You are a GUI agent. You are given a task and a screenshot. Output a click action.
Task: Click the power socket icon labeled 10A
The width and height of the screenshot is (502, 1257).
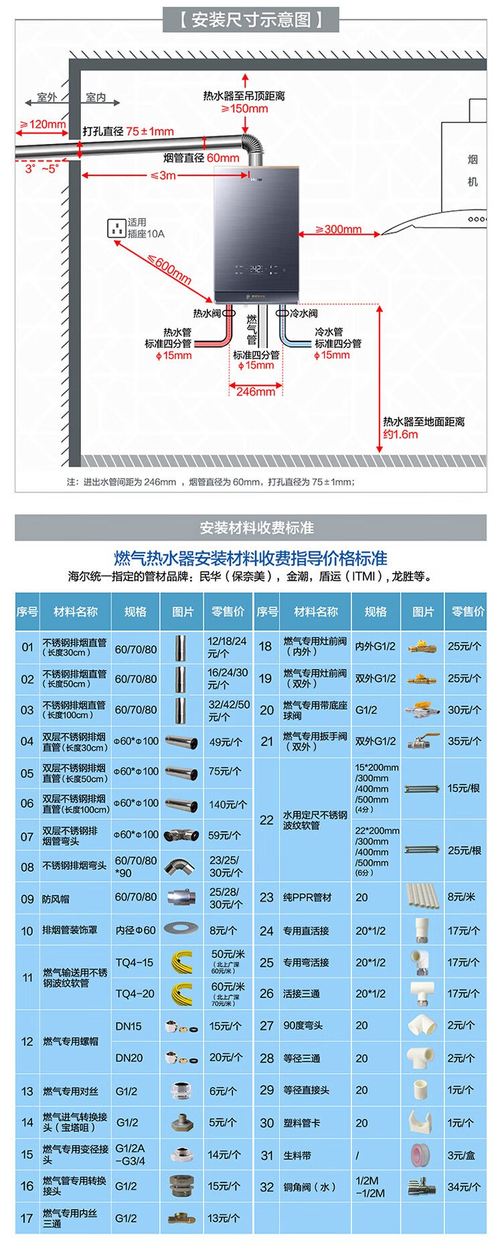pyautogui.click(x=117, y=228)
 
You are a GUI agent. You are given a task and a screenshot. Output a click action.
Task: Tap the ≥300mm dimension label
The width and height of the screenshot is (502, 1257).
pyautogui.click(x=338, y=230)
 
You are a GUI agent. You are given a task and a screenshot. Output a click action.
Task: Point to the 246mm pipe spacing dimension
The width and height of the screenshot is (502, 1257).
pyautogui.click(x=255, y=392)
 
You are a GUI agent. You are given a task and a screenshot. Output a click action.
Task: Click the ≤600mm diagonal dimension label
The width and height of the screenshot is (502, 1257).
pyautogui.click(x=169, y=270)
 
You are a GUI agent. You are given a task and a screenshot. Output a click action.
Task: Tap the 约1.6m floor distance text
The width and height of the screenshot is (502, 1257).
pyautogui.click(x=400, y=434)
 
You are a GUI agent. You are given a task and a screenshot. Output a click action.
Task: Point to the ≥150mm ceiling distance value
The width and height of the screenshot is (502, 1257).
pyautogui.click(x=244, y=108)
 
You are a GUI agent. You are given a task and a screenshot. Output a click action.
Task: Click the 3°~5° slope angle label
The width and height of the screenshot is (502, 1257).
pyautogui.click(x=42, y=169)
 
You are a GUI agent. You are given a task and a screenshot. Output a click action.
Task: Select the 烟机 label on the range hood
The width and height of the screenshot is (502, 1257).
pyautogui.click(x=473, y=170)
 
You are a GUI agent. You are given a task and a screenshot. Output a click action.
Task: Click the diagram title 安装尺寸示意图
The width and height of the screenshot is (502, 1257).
pyautogui.click(x=251, y=19)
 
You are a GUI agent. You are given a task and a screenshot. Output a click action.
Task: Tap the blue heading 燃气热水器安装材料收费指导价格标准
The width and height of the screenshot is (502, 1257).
pyautogui.click(x=250, y=558)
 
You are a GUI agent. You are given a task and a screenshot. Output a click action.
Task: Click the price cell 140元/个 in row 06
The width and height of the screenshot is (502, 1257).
pyautogui.click(x=228, y=805)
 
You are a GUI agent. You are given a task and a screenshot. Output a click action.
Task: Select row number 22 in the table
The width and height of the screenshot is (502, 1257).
pyautogui.click(x=266, y=820)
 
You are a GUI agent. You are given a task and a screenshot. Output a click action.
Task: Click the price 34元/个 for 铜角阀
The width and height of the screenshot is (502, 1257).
pyautogui.click(x=464, y=1187)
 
